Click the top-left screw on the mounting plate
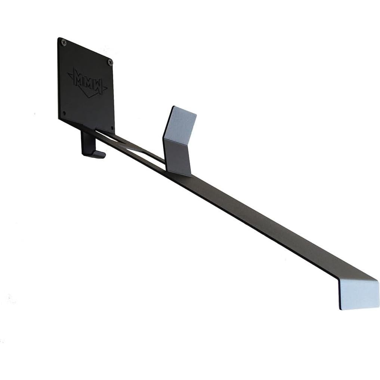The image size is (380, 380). (x=64, y=43)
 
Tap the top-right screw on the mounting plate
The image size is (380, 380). (x=110, y=63)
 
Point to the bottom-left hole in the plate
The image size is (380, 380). (x=64, y=113)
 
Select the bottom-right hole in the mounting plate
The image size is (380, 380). (x=112, y=127)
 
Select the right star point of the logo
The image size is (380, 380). (x=105, y=88)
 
